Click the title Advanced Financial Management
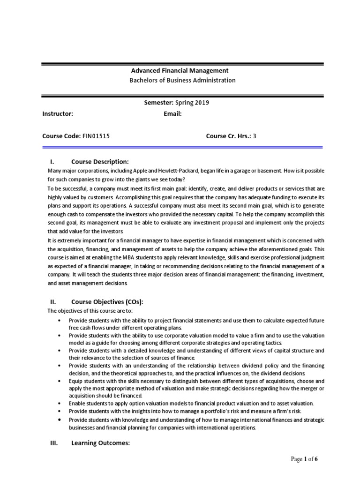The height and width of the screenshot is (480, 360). (x=179, y=71)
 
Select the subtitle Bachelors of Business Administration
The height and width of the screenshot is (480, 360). (x=182, y=80)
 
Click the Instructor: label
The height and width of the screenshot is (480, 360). (x=58, y=114)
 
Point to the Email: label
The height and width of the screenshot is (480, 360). (x=172, y=114)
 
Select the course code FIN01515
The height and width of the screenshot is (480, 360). (x=97, y=136)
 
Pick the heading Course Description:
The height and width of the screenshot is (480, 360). (x=100, y=162)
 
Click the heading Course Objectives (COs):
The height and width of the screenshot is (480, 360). (x=107, y=302)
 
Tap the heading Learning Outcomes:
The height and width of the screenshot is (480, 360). (x=100, y=443)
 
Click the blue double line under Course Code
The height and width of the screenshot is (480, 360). (x=182, y=147)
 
